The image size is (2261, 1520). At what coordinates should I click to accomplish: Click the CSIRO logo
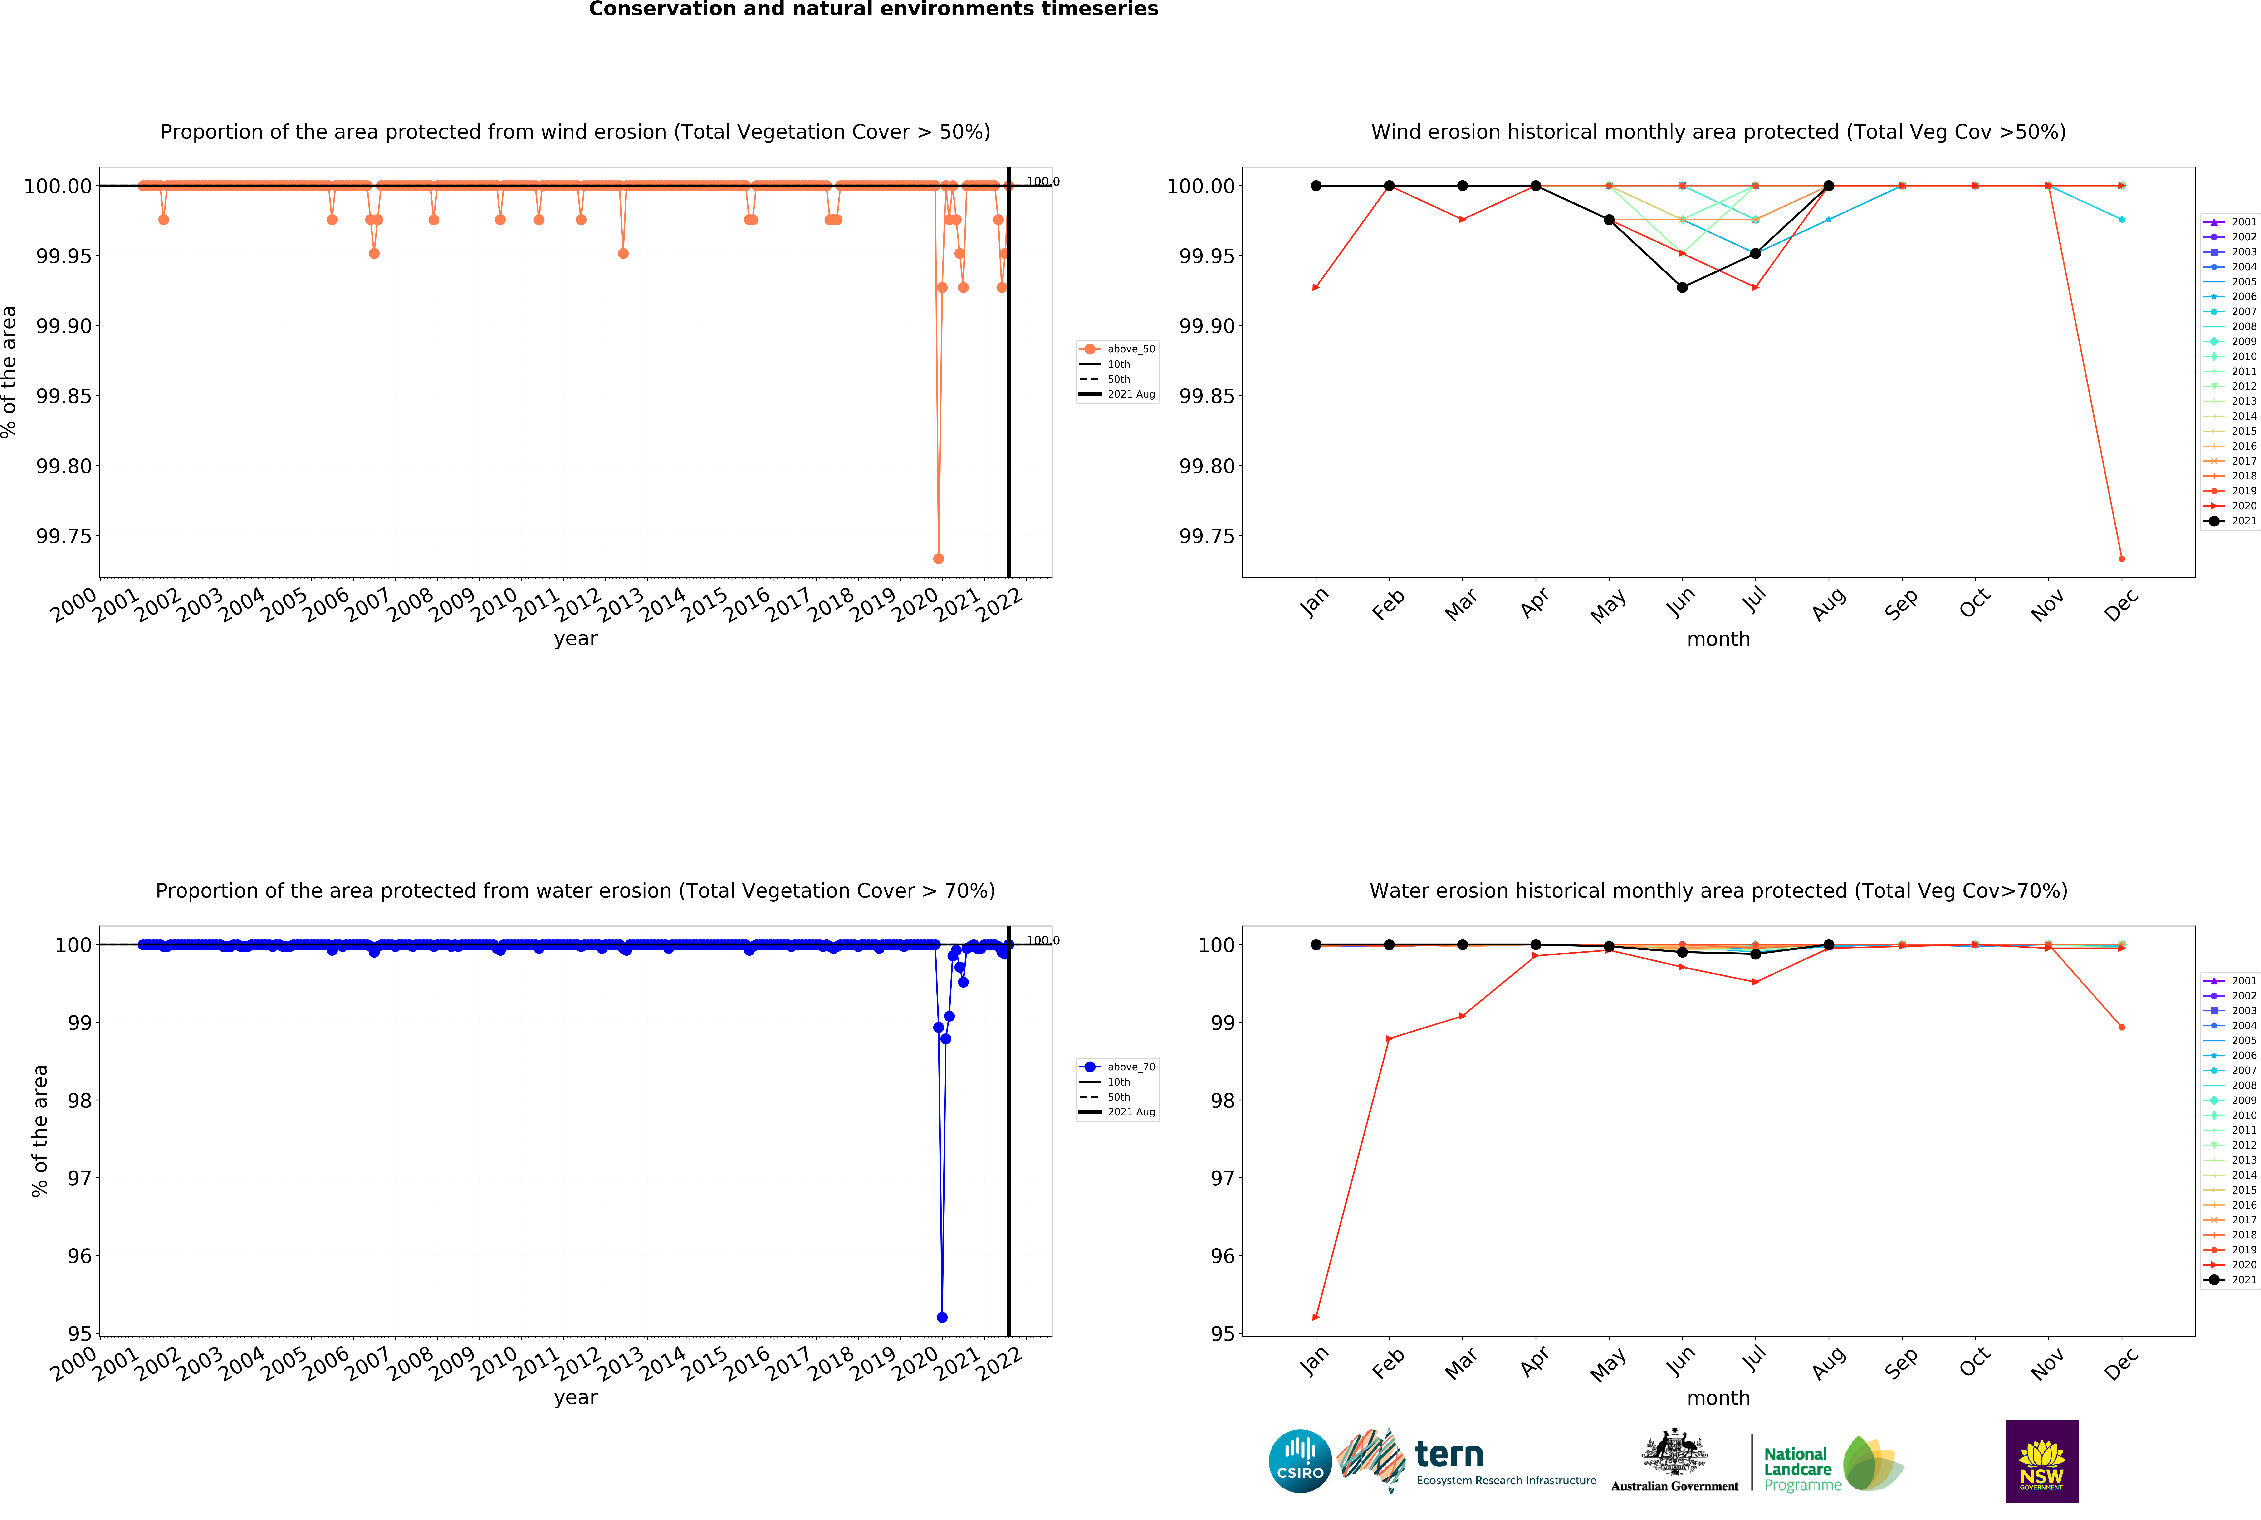1300,1461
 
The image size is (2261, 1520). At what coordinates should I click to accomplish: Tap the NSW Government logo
2041,1461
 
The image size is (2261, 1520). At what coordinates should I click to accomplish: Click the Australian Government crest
1674,1452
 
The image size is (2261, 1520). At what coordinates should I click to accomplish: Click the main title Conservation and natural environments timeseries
873,10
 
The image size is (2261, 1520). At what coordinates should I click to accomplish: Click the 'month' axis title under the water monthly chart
1718,1398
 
